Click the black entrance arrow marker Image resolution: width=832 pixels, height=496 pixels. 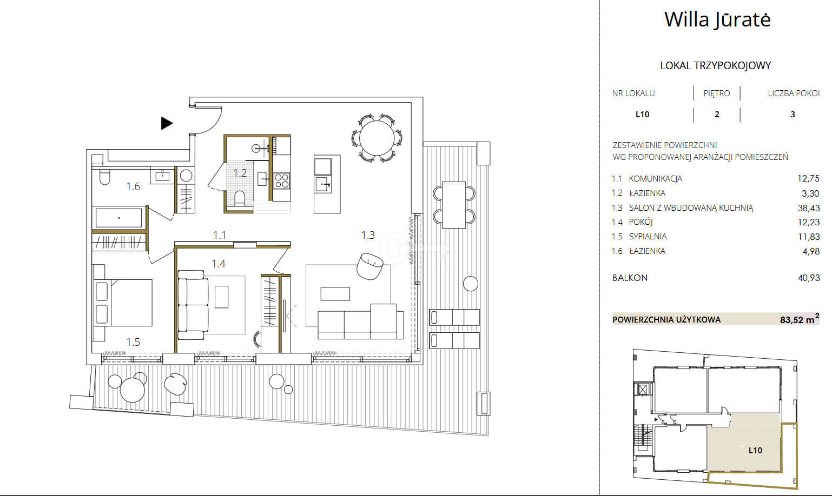click(167, 123)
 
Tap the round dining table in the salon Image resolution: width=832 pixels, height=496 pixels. click(377, 138)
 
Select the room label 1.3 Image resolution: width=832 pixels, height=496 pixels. click(368, 235)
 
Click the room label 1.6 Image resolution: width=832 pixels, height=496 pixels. click(133, 186)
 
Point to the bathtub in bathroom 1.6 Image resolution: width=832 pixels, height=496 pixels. click(119, 217)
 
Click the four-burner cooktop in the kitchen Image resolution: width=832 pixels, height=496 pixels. click(281, 180)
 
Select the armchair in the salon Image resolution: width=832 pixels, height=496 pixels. click(369, 266)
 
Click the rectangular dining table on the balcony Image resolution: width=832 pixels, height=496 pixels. click(454, 205)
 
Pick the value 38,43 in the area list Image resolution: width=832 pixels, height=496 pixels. click(808, 208)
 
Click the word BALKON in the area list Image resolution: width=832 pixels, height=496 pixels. click(630, 278)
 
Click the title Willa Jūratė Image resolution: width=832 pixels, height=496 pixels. click(717, 19)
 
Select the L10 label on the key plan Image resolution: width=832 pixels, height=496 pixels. click(755, 451)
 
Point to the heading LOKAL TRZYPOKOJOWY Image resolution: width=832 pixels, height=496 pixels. click(715, 66)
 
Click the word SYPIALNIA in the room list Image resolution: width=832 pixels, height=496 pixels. click(648, 236)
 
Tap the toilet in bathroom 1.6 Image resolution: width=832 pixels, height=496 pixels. click(105, 177)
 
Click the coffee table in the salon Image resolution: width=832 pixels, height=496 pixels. click(335, 294)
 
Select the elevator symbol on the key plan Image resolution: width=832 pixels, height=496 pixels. click(643, 390)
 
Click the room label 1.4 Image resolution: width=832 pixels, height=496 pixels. click(219, 264)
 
